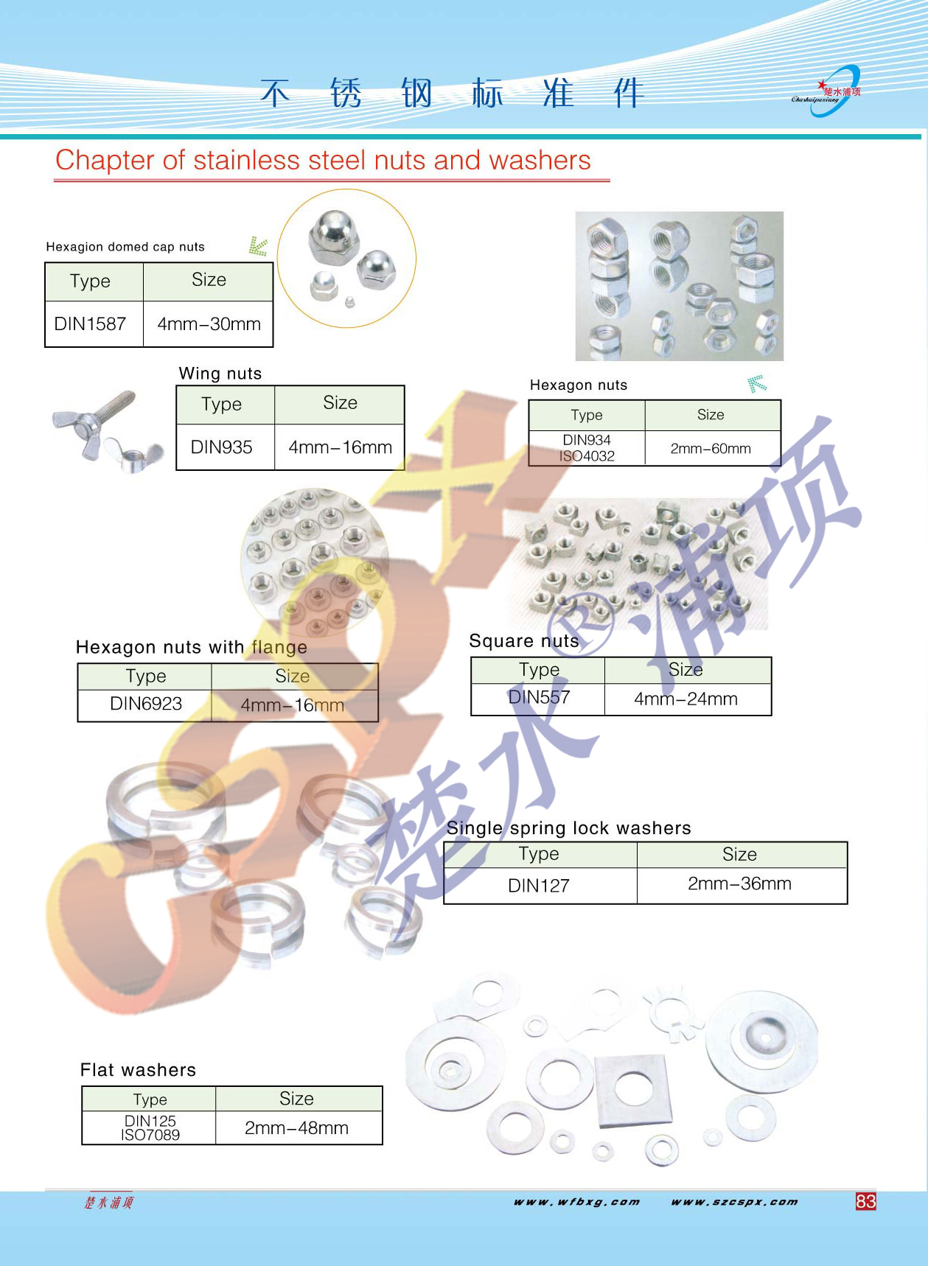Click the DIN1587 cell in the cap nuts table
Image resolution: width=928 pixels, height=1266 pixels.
click(x=91, y=324)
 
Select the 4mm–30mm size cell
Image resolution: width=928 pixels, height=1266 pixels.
click(x=209, y=324)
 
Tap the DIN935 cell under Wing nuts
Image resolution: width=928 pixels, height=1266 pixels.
click(x=221, y=447)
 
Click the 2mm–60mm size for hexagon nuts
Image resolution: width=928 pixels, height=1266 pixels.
click(x=711, y=448)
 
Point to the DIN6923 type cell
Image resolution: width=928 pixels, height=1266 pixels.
click(x=146, y=704)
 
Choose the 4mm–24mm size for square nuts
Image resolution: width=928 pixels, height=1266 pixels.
click(x=685, y=699)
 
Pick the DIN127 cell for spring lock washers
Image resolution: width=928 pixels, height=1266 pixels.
click(x=539, y=886)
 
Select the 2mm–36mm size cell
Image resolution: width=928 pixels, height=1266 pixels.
click(x=739, y=884)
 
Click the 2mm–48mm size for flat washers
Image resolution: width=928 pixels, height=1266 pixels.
click(x=296, y=1128)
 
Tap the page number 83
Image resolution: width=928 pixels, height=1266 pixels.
click(x=866, y=1202)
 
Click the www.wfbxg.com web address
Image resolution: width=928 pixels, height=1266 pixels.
click(x=577, y=1202)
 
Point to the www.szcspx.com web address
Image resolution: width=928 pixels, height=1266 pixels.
click(x=734, y=1202)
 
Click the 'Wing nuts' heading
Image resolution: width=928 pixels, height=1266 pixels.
click(x=220, y=374)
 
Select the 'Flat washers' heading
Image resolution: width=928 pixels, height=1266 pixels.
click(x=138, y=1070)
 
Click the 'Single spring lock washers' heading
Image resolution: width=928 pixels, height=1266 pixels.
click(x=568, y=828)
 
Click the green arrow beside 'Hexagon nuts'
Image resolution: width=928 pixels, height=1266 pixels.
click(x=756, y=383)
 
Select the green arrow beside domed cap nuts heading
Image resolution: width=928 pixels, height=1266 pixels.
click(x=258, y=246)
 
